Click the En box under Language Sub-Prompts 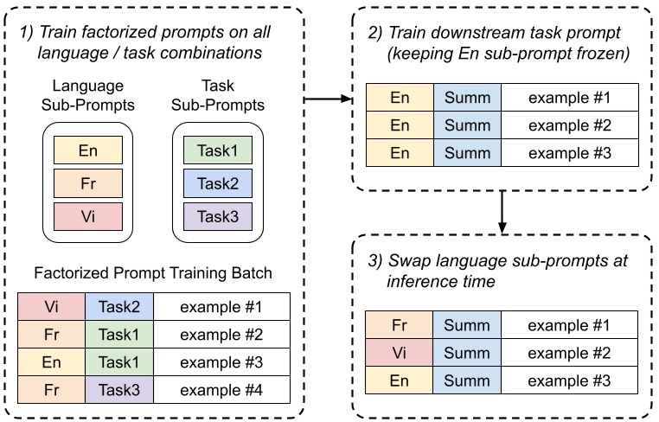pos(86,151)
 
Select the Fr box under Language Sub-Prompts pos(86,182)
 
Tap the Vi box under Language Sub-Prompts pos(86,214)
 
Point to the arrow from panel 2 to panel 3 pos(502,211)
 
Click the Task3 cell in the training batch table pos(118,389)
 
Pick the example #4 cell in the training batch pos(220,389)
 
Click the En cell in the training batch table pos(51,362)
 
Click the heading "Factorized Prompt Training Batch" pos(154,273)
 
